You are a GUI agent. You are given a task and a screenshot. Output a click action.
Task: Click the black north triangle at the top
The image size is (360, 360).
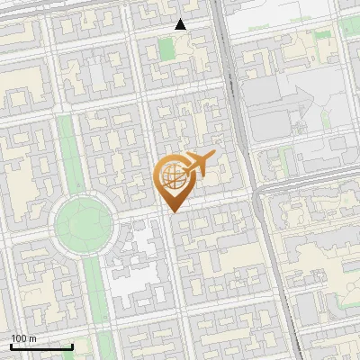point(181,24)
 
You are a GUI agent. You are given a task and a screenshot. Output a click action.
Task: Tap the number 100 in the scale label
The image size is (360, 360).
point(20,338)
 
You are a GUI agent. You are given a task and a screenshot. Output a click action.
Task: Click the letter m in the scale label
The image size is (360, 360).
point(33,338)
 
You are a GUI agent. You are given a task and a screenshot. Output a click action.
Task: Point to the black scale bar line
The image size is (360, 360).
point(41,346)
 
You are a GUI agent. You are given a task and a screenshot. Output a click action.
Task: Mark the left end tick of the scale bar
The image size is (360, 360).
point(11,345)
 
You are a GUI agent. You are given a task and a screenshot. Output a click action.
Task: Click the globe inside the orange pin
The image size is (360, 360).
point(171,176)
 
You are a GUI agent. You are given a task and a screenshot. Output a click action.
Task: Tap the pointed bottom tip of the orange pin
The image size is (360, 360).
point(171,211)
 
